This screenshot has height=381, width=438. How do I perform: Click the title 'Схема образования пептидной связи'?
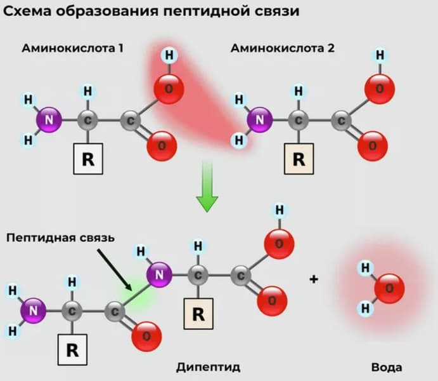[x=151, y=12]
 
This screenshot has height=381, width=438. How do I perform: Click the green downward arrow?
[x=207, y=187]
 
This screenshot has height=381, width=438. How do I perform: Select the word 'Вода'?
[x=387, y=367]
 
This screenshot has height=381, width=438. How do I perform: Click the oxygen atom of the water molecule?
[x=389, y=289]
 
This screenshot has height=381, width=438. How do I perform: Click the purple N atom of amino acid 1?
[x=49, y=119]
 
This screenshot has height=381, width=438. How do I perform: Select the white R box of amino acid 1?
[x=88, y=159]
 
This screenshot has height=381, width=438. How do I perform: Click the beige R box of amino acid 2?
[x=299, y=159]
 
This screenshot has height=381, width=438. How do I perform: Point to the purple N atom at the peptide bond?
[x=161, y=275]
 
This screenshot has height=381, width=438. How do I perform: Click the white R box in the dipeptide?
[x=72, y=351]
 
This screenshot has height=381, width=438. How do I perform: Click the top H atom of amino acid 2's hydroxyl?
[x=380, y=55]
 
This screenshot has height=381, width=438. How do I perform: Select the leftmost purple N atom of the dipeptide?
[x=34, y=311]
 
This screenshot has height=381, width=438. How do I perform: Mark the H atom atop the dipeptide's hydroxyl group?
[x=278, y=210]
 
